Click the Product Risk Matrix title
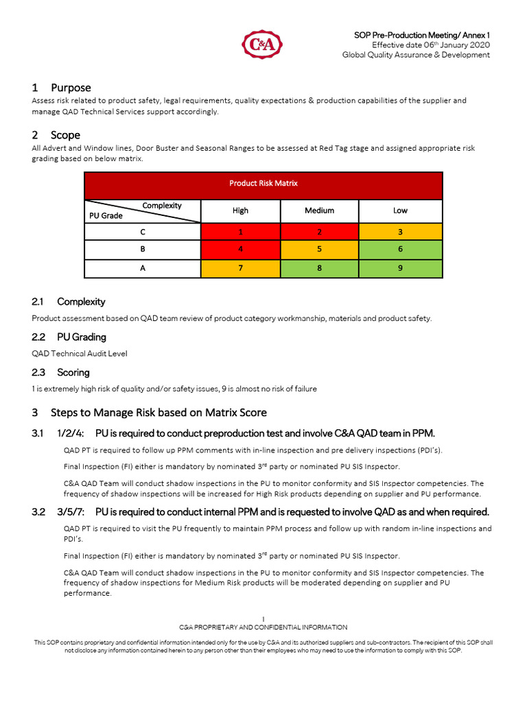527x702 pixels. pyautogui.click(x=263, y=184)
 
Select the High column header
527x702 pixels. pyautogui.click(x=240, y=210)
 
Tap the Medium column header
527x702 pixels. pyautogui.click(x=319, y=210)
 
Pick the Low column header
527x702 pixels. pyautogui.click(x=400, y=210)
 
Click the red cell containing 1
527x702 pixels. pyautogui.click(x=240, y=232)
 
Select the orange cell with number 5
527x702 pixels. pyautogui.click(x=319, y=250)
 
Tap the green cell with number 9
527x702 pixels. pyautogui.click(x=400, y=268)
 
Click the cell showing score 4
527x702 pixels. pyautogui.click(x=240, y=250)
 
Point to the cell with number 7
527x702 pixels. pyautogui.click(x=240, y=268)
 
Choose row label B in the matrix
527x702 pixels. pyautogui.click(x=143, y=250)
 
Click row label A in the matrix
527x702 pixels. pyautogui.click(x=143, y=268)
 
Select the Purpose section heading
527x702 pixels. pyautogui.click(x=71, y=88)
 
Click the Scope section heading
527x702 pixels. pyautogui.click(x=65, y=135)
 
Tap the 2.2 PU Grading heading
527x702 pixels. pyautogui.click(x=82, y=337)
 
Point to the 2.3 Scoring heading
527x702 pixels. pyautogui.click(x=73, y=373)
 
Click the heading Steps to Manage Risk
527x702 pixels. pyautogui.click(x=159, y=413)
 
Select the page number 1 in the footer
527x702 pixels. pyautogui.click(x=263, y=619)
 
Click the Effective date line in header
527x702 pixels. pyautogui.click(x=430, y=45)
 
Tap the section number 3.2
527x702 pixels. pyautogui.click(x=38, y=512)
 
